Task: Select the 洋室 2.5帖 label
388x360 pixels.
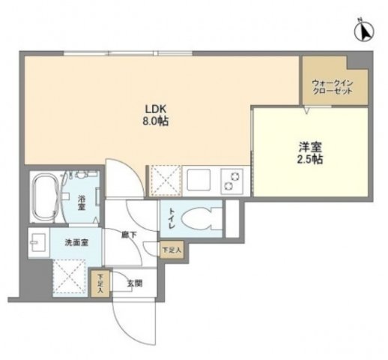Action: click(309, 153)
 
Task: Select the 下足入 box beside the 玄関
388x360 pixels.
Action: click(99, 283)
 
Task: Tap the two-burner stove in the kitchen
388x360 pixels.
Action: click(233, 180)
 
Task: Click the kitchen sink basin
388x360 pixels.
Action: click(198, 180)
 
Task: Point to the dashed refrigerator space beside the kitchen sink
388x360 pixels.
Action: click(163, 180)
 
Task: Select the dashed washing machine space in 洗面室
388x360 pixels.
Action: click(70, 276)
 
